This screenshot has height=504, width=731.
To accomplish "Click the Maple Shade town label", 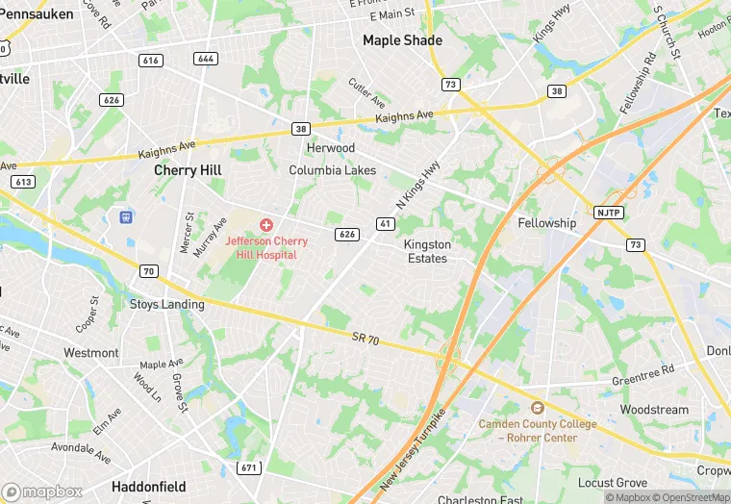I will coord(402,40).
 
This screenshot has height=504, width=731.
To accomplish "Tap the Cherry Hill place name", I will coord(189,170).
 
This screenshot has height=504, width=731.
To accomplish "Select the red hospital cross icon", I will coord(265,225).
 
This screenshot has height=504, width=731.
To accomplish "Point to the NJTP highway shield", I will coord(608,212).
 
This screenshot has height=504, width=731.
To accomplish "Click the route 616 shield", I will coord(150,60).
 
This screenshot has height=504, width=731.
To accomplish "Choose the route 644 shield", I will coord(205,59).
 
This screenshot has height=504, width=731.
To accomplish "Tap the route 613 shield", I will coord(24,181).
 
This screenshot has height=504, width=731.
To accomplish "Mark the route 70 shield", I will coord(147,272).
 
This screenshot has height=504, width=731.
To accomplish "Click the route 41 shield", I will coord(385,224).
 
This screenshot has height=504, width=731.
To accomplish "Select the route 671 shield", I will coord(249,467).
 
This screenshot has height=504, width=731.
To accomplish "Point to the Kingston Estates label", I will coord(426,251).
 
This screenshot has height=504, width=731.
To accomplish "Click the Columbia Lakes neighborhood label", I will coord(333,170).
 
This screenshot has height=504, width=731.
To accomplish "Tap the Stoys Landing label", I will coord(167,305).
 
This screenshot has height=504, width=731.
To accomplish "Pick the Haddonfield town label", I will coord(148,487).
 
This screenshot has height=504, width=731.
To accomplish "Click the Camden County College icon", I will coord(538,408).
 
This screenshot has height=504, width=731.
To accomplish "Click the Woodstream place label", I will coord(654,410).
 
